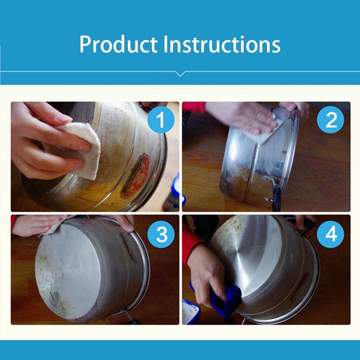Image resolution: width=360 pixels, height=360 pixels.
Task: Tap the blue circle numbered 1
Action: point(160,120)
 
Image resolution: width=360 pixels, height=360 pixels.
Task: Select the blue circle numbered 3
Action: point(161,234)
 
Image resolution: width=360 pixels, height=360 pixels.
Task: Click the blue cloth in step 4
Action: point(225,301)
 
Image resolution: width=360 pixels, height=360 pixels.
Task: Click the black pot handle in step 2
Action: point(276,195)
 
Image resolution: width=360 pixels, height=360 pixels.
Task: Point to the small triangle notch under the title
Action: point(180,73)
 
